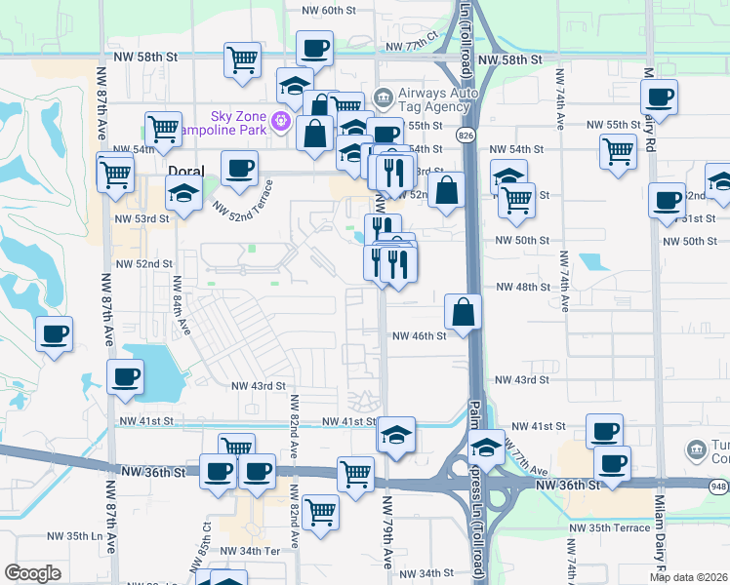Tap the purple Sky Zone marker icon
click(x=282, y=122)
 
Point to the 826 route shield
click(x=467, y=135)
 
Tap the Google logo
click(x=32, y=573)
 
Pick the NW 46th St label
click(x=419, y=335)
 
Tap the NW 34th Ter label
click(x=252, y=552)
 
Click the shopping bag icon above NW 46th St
click(x=464, y=312)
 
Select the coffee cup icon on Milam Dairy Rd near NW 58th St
click(x=660, y=97)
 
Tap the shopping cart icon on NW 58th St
click(x=242, y=59)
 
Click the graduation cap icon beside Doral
click(x=182, y=192)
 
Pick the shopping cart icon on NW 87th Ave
click(x=115, y=174)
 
